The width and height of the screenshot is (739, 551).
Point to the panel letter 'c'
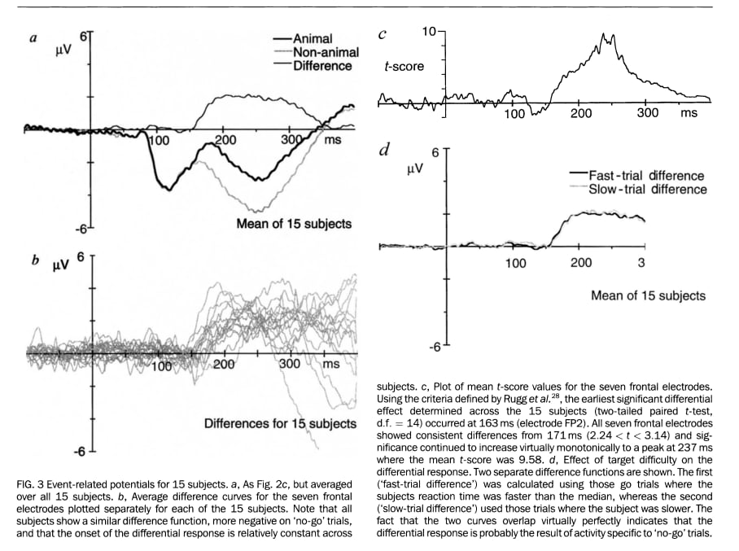coord(383,34)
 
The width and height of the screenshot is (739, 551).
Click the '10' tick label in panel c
coord(430,31)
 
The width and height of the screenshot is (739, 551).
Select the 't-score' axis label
coord(404,66)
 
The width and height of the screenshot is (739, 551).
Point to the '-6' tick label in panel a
coord(80,229)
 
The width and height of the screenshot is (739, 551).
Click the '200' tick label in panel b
coord(223,365)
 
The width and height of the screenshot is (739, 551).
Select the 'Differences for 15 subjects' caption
coord(280,423)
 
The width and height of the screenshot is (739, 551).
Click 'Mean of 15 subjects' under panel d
coord(648,295)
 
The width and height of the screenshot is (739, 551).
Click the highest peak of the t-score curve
coord(604,36)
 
